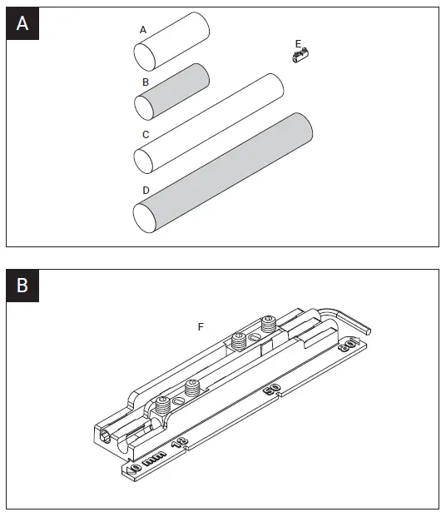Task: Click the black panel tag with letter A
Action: [22, 24]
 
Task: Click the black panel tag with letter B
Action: [22, 286]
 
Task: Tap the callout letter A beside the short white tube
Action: [143, 30]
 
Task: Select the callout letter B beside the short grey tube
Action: [146, 82]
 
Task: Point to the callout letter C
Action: [146, 134]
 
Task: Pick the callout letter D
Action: [146, 191]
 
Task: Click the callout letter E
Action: [298, 43]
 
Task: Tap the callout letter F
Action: [201, 327]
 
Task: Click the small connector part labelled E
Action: [300, 57]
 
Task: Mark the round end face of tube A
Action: [145, 57]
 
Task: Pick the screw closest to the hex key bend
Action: [268, 325]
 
